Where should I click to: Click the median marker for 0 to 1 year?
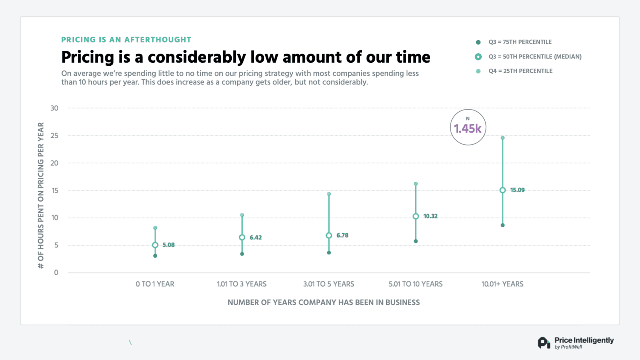pyautogui.click(x=155, y=245)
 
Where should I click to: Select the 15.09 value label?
pyautogui.click(x=517, y=190)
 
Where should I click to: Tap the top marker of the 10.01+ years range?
pyautogui.click(x=503, y=138)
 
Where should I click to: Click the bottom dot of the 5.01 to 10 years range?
pyautogui.click(x=416, y=241)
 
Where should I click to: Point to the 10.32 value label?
pyautogui.click(x=430, y=216)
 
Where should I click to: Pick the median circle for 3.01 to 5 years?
pyautogui.click(x=329, y=235)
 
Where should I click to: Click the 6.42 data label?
pyautogui.click(x=256, y=238)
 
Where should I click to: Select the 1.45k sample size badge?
pyautogui.click(x=468, y=127)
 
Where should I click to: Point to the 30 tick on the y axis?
pyautogui.click(x=54, y=108)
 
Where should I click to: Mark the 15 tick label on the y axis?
pyautogui.click(x=55, y=191)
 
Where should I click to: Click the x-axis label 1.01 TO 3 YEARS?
pyautogui.click(x=241, y=284)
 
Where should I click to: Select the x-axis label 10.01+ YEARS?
pyautogui.click(x=502, y=284)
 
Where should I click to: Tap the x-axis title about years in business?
pyautogui.click(x=323, y=302)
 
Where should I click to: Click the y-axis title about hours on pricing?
pyautogui.click(x=41, y=195)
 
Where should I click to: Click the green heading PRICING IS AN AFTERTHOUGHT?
pyautogui.click(x=126, y=40)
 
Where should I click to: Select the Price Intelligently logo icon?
pyautogui.click(x=544, y=343)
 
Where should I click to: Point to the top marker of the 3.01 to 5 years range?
pyautogui.click(x=329, y=194)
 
